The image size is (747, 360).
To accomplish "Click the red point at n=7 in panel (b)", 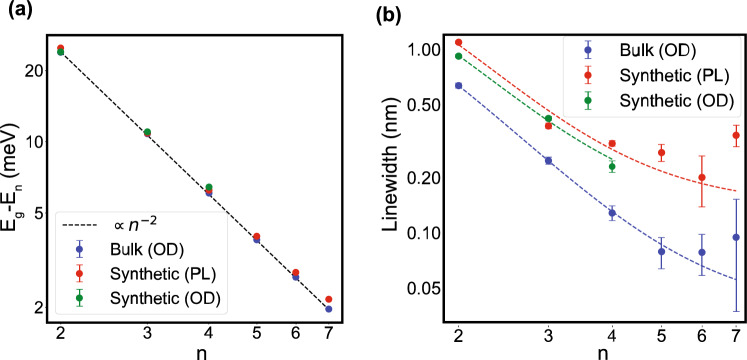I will pyautogui.click(x=736, y=135).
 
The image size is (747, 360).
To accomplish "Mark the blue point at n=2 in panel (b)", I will pyautogui.click(x=459, y=86).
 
